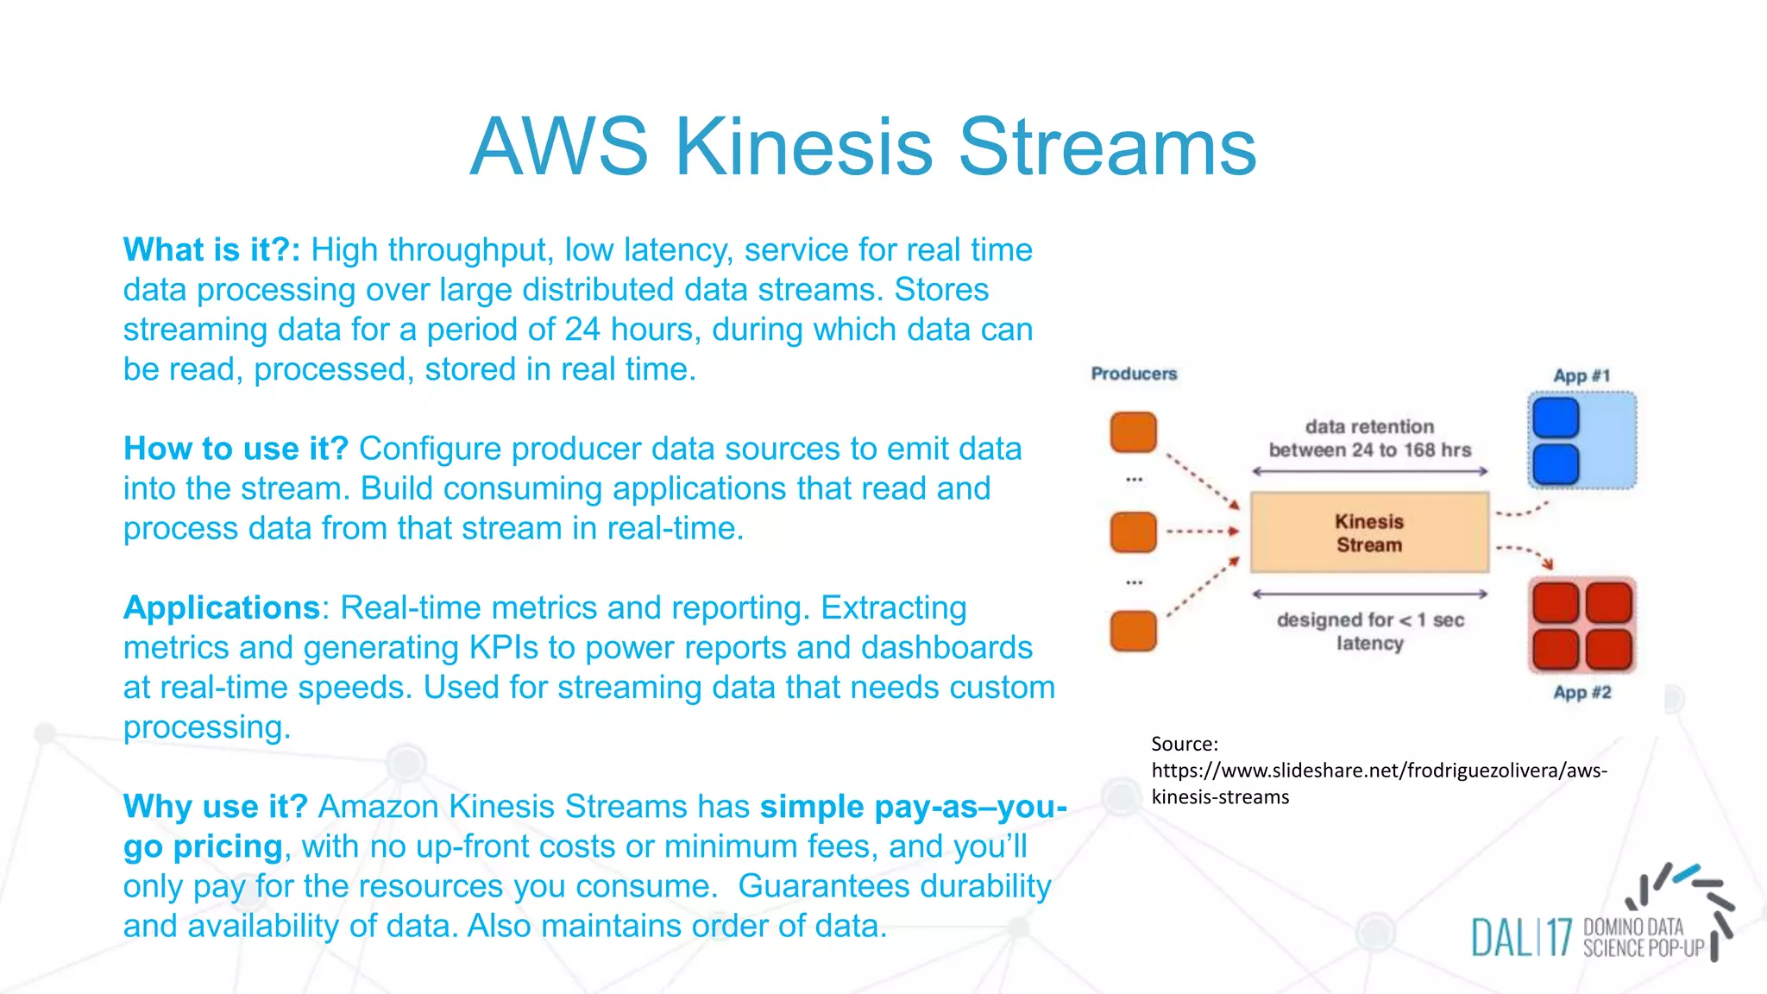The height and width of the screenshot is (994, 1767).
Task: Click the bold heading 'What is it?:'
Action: [x=211, y=250]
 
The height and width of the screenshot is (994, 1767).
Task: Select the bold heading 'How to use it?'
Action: [x=236, y=449]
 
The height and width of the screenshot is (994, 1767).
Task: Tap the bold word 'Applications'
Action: [x=222, y=608]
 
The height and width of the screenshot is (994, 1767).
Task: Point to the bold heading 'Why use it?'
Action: [x=215, y=807]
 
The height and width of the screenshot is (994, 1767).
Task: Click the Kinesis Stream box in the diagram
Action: [x=1369, y=532]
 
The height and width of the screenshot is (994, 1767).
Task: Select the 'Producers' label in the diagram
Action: [x=1134, y=374]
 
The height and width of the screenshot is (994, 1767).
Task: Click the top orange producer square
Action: [x=1133, y=432]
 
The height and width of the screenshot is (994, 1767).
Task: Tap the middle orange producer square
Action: [x=1133, y=532]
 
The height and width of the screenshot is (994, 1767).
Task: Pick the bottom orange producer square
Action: [x=1133, y=631]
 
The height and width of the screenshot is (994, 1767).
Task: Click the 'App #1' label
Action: [x=1581, y=376]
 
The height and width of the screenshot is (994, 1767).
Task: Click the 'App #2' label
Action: [x=1582, y=693]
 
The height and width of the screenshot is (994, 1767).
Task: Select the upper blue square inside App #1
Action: [x=1556, y=418]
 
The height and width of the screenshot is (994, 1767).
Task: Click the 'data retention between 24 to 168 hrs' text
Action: [x=1369, y=438]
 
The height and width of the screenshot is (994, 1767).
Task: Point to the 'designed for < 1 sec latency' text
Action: [x=1370, y=632]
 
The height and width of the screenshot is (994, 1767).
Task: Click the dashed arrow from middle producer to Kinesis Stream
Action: [x=1202, y=532]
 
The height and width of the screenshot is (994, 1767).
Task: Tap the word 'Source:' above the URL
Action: [x=1185, y=744]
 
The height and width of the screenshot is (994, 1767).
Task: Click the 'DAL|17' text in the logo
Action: [x=1521, y=938]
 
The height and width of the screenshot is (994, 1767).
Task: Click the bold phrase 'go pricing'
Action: [x=203, y=847]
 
